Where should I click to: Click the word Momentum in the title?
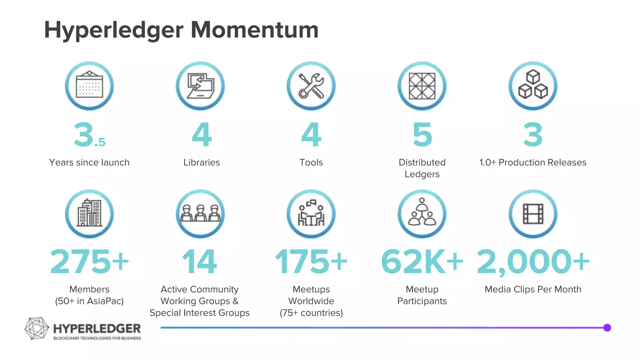point(254,30)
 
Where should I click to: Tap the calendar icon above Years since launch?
point(89,86)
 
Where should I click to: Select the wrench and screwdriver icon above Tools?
point(311,86)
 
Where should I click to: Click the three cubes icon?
point(533,86)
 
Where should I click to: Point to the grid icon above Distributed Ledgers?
point(422,86)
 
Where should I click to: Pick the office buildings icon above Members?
point(89,214)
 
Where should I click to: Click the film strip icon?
point(533,214)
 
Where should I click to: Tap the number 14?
point(200,262)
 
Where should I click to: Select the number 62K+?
point(422,262)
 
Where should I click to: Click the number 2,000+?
point(533,262)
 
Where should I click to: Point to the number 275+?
point(89,262)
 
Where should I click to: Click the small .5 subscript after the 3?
point(100,142)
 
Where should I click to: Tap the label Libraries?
point(202,162)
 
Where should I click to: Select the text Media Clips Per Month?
point(533,289)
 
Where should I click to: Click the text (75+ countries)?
point(311,313)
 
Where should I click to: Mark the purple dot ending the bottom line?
point(607,327)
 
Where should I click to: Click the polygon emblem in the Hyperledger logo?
point(37,328)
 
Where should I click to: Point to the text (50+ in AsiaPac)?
point(89,301)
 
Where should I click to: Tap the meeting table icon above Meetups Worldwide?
point(311,214)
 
